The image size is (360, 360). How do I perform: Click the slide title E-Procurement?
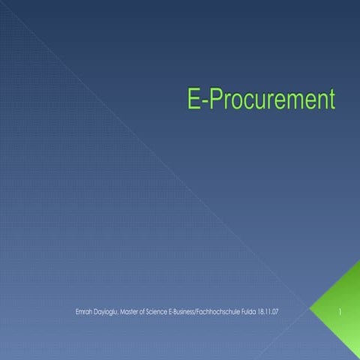coord(260,100)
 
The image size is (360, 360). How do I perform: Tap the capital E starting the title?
coord(192,100)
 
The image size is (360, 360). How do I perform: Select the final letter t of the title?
coord(331,100)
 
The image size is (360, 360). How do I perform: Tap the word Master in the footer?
coord(131,309)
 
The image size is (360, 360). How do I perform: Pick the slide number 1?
coord(340,309)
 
